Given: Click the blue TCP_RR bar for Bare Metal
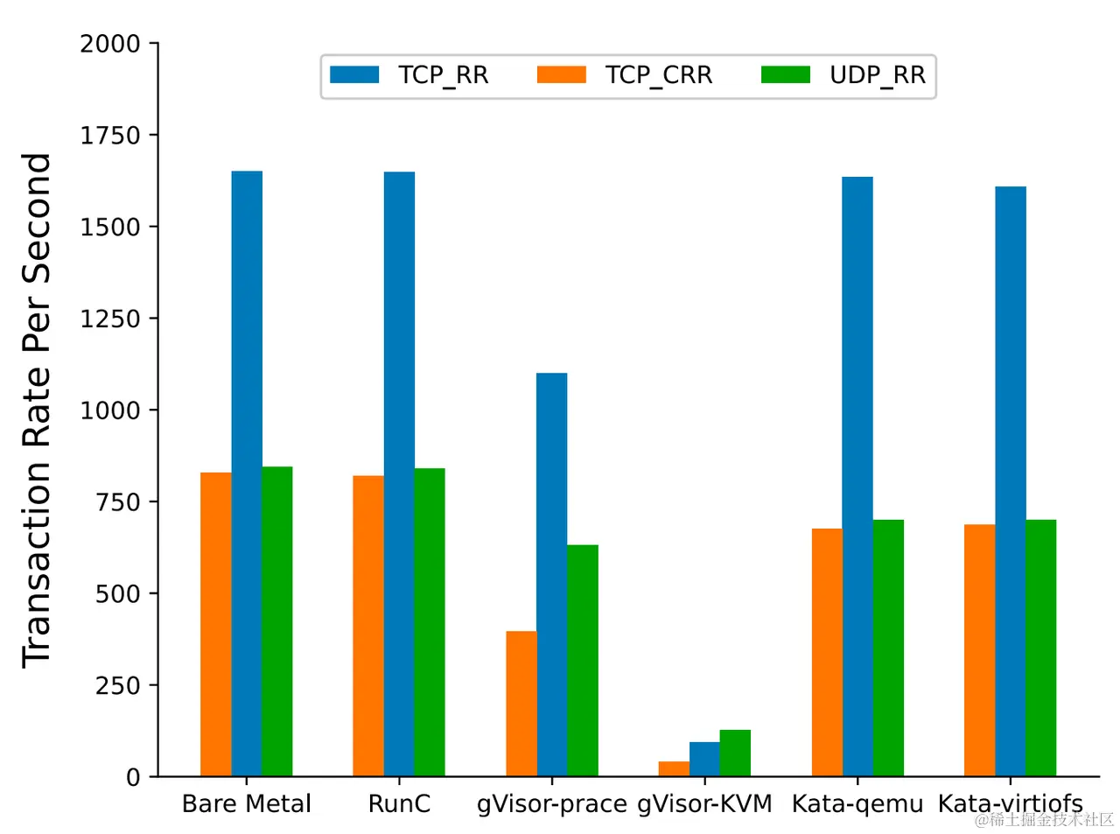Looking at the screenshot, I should [247, 473].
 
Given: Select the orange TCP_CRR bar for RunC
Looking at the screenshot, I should [368, 626].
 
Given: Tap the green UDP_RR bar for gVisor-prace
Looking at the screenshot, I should [582, 661].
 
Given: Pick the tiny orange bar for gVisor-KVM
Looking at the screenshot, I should [674, 768].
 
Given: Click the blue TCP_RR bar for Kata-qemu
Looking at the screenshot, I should [857, 477].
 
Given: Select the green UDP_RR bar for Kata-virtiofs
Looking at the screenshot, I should [1040, 648].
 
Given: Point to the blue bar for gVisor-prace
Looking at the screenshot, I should [551, 574].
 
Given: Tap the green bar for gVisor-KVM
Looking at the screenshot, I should [735, 753].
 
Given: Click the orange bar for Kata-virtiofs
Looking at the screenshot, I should [979, 650].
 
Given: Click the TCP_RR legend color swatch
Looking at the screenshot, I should [354, 75].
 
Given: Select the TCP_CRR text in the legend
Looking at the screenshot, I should [658, 75].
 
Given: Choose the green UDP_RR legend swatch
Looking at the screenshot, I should [785, 75].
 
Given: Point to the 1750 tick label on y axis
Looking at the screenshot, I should [110, 136].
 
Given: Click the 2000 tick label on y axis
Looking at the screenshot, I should [110, 44].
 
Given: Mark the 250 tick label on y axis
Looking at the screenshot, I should [117, 685].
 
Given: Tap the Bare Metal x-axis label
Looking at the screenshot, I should [246, 803].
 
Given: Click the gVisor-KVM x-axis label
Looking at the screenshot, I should [704, 803].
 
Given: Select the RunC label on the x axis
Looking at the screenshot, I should [399, 803].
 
